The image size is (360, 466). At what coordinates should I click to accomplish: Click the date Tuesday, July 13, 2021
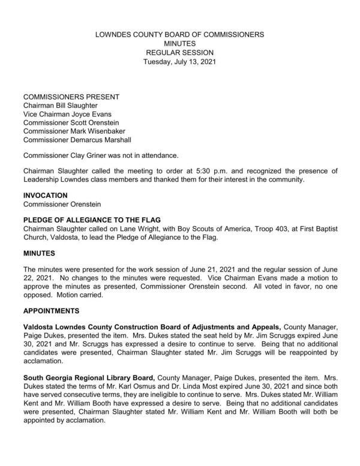coord(179,62)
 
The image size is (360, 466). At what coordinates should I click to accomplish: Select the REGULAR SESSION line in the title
coord(179,53)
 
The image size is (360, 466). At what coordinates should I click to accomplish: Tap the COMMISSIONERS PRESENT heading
coord(71,97)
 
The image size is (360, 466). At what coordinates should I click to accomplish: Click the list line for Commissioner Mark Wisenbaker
coord(74,131)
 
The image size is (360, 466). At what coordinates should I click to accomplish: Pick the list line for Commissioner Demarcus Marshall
coord(77,140)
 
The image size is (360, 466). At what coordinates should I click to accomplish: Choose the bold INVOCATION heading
coord(45,196)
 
